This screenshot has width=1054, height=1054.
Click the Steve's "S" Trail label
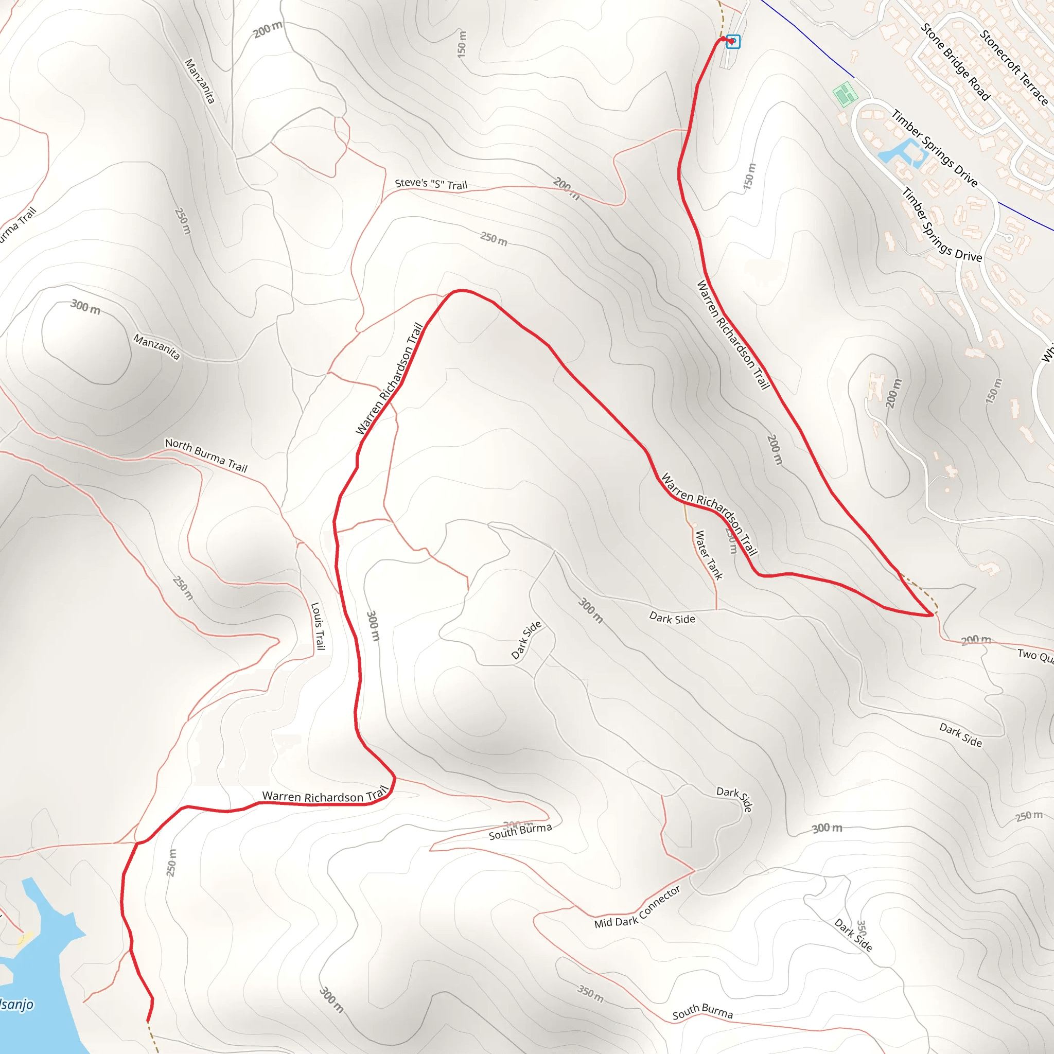[x=431, y=184]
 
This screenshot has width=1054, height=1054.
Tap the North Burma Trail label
[x=206, y=455]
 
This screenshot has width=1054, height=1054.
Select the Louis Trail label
[x=318, y=626]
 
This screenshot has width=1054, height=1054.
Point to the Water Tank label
[x=709, y=554]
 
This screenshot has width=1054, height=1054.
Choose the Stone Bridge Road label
[x=955, y=62]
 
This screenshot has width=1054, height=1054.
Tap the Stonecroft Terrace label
[x=1014, y=67]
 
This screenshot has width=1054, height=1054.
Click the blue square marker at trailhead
[x=733, y=42]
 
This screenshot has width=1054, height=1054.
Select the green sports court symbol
[x=845, y=94]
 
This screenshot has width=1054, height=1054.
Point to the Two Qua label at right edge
[x=1035, y=655]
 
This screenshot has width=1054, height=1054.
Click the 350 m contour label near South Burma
[x=590, y=994]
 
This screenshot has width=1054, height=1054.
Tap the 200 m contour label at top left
[x=268, y=29]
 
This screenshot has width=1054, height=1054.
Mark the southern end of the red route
[x=148, y=1020]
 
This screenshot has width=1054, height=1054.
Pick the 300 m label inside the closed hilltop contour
[x=85, y=307]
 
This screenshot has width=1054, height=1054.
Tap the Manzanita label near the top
[x=200, y=81]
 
